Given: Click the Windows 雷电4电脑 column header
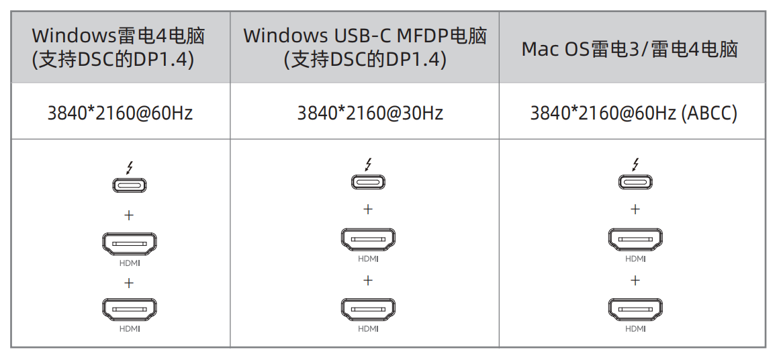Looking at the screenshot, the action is tap(119, 47).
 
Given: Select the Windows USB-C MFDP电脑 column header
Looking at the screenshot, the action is tap(365, 47).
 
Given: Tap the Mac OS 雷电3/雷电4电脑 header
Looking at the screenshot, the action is tap(630, 49).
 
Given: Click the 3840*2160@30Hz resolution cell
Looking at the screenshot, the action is tap(370, 113).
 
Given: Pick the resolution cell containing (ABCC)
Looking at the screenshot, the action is tap(633, 113).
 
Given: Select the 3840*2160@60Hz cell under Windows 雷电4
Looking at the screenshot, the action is tap(120, 113).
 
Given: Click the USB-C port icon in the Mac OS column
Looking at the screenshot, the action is tap(635, 182).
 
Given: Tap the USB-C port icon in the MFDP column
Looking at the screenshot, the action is tap(368, 182).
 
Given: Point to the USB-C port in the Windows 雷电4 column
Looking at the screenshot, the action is tap(130, 185).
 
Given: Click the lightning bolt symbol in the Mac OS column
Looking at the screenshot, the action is tap(635, 165).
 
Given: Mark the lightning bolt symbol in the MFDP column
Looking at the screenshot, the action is tap(369, 165).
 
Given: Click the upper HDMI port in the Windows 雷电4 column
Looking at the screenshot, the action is tap(130, 244).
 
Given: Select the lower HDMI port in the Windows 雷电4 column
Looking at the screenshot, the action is tap(130, 310).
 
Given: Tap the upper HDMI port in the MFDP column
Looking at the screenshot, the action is tap(368, 240).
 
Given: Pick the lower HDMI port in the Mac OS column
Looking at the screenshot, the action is tap(635, 309).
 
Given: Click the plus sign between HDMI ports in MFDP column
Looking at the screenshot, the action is tap(368, 280).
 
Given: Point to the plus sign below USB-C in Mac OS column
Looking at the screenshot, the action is tap(635, 209).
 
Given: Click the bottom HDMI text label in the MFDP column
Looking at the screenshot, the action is tap(368, 328).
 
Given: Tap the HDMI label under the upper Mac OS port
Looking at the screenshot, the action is tap(635, 259).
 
